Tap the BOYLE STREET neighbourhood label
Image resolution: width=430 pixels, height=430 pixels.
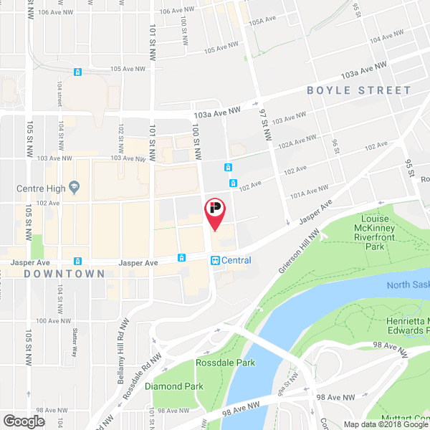[359, 91]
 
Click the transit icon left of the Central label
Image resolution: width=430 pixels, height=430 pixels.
[215, 260]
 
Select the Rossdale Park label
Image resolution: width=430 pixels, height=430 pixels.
[226, 363]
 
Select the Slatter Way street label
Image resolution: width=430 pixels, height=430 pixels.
[75, 343]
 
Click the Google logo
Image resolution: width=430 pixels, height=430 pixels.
[24, 421]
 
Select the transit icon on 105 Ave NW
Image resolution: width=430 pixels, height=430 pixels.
[77, 72]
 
